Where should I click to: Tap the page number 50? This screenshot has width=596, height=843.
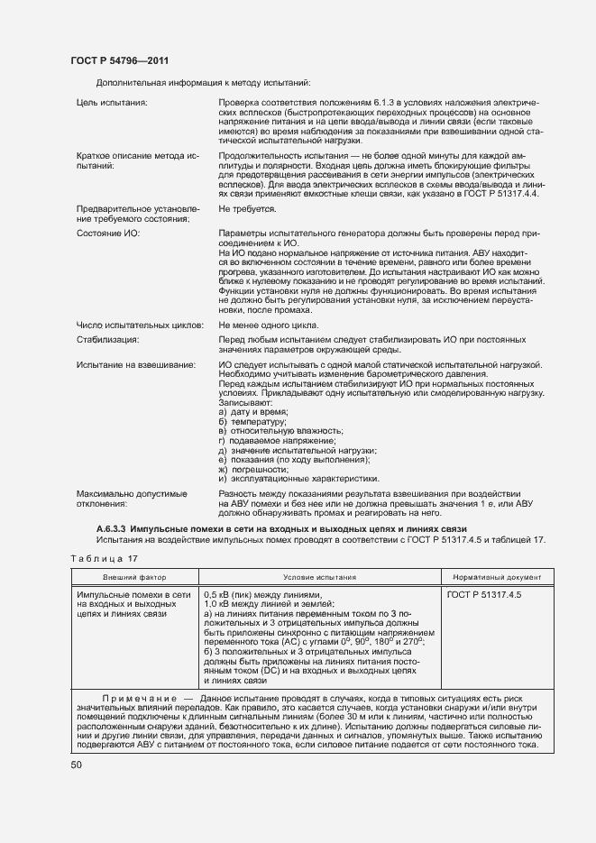[x=77, y=765]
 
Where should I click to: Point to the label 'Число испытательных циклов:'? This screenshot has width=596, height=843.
[x=141, y=325]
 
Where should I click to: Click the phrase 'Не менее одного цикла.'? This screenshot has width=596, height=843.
[x=268, y=325]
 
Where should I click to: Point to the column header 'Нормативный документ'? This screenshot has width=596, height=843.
[x=492, y=576]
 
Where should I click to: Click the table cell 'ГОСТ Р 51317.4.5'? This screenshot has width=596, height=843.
[x=484, y=595]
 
